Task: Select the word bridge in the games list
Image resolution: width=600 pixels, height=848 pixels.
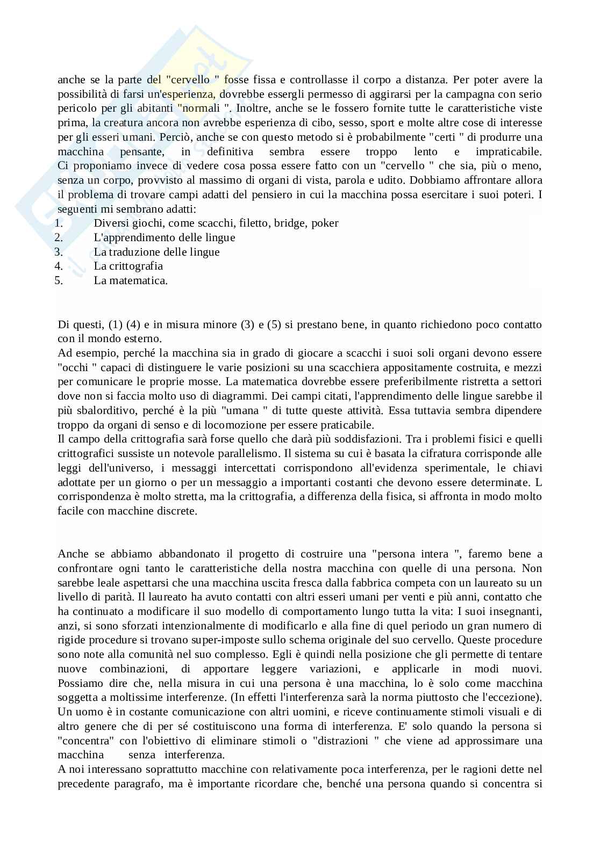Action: click(x=290, y=223)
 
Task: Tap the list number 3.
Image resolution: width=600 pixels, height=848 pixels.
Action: click(x=59, y=251)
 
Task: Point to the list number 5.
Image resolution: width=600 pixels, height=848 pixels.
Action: click(x=59, y=280)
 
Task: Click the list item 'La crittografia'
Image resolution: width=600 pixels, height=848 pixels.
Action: click(x=128, y=266)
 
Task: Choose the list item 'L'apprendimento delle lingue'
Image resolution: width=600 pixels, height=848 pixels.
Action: click(x=164, y=237)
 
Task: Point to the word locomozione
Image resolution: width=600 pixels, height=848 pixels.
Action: click(x=207, y=424)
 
